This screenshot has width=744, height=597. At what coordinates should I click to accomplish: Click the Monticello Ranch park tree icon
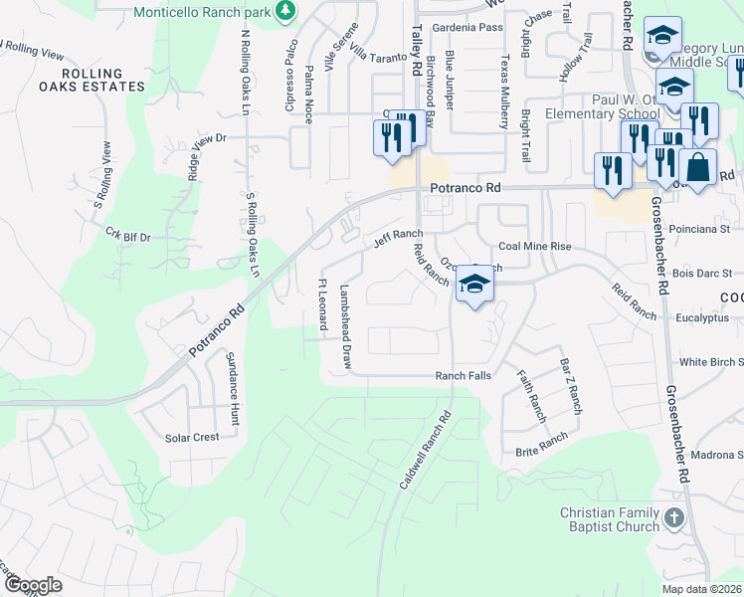[x=286, y=10]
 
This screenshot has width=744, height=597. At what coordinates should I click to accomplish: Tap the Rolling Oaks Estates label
[x=103, y=80]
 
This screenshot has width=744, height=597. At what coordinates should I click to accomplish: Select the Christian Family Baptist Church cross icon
[x=674, y=518]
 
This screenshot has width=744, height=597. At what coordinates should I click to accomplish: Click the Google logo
[x=32, y=586]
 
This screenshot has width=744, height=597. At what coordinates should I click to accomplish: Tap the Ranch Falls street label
[x=464, y=376]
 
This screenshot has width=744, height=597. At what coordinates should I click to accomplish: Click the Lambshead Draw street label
[x=346, y=328]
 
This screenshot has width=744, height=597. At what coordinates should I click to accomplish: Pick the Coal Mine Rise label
[x=534, y=246]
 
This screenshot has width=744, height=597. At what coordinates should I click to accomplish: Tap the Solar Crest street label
[x=192, y=438]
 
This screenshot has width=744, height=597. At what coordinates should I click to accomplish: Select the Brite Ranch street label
[x=541, y=445]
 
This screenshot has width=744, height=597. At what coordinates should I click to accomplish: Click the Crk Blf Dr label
[x=127, y=236]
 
